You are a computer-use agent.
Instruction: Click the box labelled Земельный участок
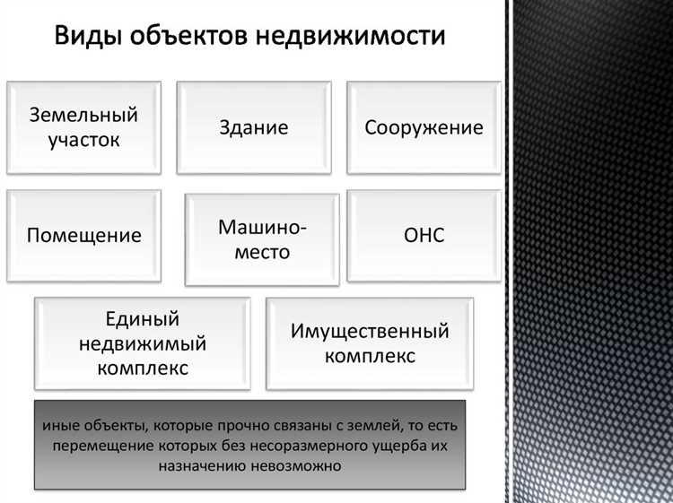(83, 127)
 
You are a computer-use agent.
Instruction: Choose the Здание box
(254, 127)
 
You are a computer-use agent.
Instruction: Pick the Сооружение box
(424, 127)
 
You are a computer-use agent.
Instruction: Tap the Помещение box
(83, 237)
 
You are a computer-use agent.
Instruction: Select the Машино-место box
(262, 239)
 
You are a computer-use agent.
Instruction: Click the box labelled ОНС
(424, 237)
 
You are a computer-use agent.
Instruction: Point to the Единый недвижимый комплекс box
(142, 343)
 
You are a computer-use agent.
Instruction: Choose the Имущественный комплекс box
(370, 343)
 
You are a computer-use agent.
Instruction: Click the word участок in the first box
(83, 141)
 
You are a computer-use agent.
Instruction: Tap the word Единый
(142, 319)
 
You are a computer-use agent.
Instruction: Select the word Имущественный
(370, 332)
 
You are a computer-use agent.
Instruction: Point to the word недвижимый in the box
(142, 343)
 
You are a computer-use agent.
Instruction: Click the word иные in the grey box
(59, 423)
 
